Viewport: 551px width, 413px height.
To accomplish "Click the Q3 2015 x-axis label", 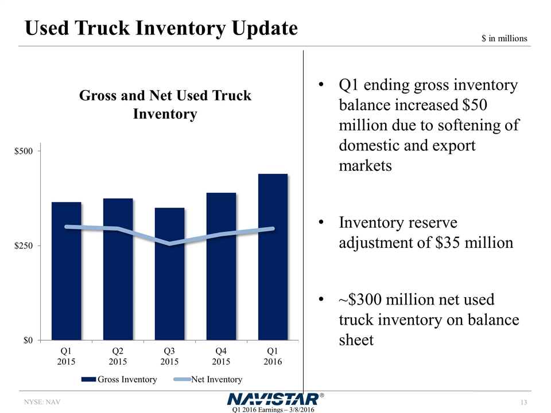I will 169,356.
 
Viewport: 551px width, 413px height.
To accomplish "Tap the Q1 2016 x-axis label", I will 273,356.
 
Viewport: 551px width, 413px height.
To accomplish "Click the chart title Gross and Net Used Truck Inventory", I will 165,104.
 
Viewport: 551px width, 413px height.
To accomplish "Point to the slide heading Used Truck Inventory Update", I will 161,28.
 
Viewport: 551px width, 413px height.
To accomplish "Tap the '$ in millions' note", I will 503,38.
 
